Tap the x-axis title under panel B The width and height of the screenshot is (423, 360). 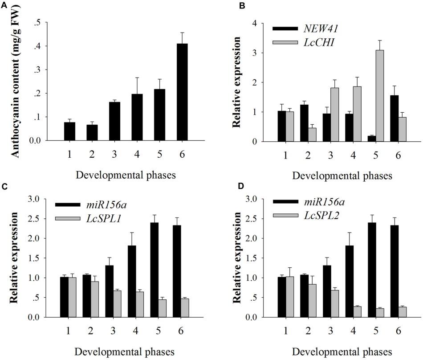tap(342, 175)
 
